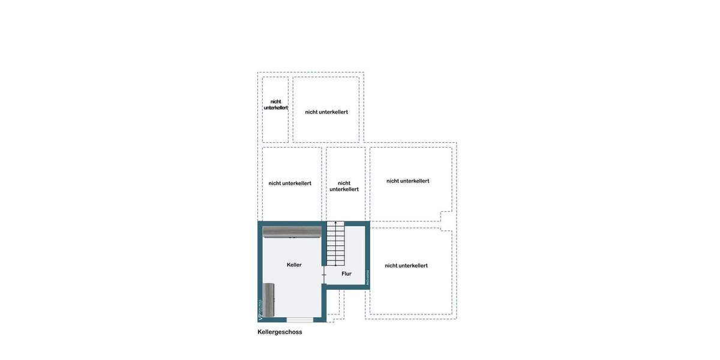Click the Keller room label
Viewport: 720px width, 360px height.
pyautogui.click(x=294, y=265)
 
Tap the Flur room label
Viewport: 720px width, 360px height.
pyautogui.click(x=346, y=274)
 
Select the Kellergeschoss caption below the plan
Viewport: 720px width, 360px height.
pyautogui.click(x=280, y=332)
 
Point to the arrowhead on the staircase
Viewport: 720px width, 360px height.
pyautogui.click(x=335, y=224)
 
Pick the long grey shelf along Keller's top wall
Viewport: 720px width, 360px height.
pyautogui.click(x=292, y=232)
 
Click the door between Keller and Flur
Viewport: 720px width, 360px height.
pyautogui.click(x=324, y=275)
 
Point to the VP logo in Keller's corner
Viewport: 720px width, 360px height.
pyautogui.click(x=260, y=311)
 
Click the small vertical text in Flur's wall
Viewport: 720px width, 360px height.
pyautogui.click(x=367, y=277)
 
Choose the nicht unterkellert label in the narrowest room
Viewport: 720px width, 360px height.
pyautogui.click(x=275, y=105)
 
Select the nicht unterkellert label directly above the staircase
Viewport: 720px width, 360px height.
pyautogui.click(x=344, y=186)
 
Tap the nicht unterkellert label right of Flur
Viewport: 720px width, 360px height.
pyautogui.click(x=406, y=265)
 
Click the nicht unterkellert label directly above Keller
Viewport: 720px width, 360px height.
pyautogui.click(x=290, y=183)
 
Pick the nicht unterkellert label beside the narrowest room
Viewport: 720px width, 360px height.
pyautogui.click(x=326, y=112)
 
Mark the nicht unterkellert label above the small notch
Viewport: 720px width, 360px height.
pyautogui.click(x=407, y=181)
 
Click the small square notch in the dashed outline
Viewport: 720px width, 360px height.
pyautogui.click(x=446, y=221)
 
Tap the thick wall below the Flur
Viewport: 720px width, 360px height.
pyautogui.click(x=347, y=287)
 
